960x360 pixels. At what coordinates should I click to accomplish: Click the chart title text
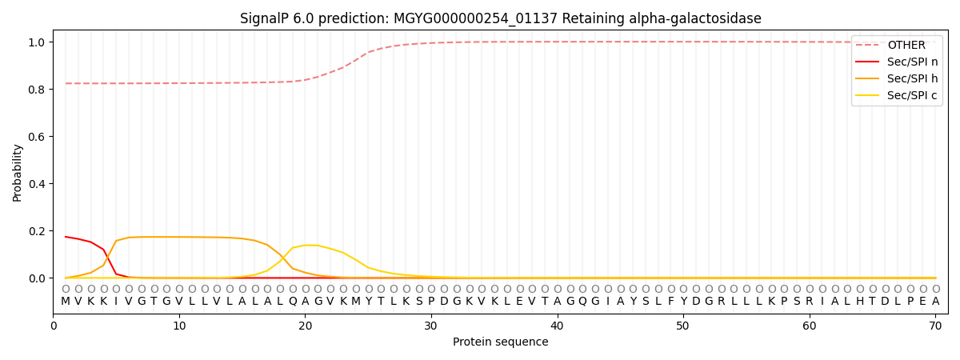(x=500, y=18)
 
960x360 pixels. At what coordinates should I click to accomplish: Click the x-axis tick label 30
(x=431, y=326)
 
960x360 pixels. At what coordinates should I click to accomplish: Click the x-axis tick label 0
(x=54, y=326)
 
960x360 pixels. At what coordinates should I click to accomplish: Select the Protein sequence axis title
(x=500, y=342)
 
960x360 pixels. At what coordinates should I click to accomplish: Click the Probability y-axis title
(x=18, y=172)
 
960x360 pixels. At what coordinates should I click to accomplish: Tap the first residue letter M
(x=66, y=302)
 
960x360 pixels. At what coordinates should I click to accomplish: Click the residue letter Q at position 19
(x=293, y=302)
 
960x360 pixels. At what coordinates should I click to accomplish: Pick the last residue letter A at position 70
(x=935, y=302)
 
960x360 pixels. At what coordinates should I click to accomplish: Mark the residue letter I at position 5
(x=116, y=302)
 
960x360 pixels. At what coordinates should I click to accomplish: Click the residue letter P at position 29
(x=418, y=302)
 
